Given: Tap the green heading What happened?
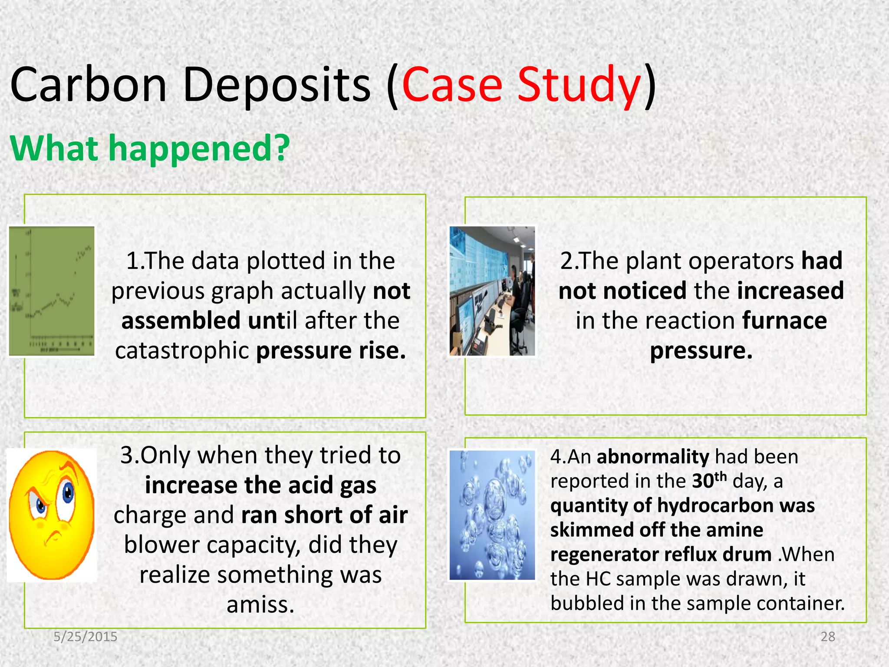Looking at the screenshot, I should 150,149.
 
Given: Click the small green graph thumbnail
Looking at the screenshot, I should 52,291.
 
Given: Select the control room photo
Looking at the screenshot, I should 492,291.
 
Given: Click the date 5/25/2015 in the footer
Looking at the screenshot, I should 86,637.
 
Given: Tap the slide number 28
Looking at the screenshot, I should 828,637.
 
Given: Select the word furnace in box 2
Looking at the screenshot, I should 784,321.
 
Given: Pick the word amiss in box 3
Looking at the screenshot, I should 260,605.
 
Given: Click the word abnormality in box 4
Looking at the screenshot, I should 653,457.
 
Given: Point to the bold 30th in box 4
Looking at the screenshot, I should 709,480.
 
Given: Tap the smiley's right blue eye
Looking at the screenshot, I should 68,493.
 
